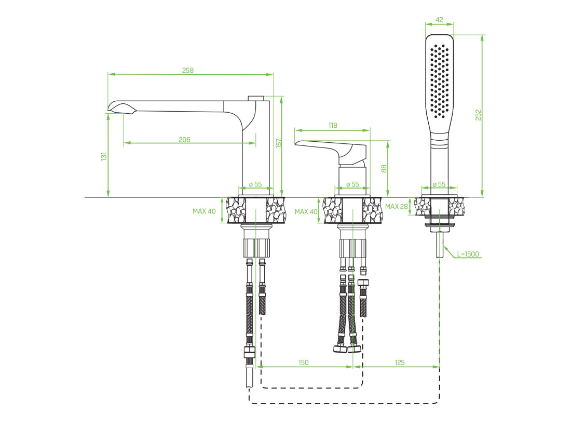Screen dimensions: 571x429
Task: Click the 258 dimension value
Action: click(x=188, y=70)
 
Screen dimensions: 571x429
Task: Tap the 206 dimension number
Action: click(x=185, y=140)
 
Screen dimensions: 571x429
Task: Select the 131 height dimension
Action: click(x=104, y=156)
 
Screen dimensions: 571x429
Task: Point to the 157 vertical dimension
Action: click(x=279, y=142)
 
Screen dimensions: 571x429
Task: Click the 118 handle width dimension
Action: click(x=333, y=125)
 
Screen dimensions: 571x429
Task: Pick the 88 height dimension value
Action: click(x=384, y=168)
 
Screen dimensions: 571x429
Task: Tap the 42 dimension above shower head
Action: click(x=440, y=20)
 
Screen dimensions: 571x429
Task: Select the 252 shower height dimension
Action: click(x=478, y=115)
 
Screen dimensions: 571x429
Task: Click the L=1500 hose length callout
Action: click(x=468, y=254)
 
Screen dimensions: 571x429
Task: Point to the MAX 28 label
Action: click(x=397, y=206)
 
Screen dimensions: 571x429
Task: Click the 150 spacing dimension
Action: click(x=303, y=363)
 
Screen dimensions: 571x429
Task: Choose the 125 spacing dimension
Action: click(x=400, y=363)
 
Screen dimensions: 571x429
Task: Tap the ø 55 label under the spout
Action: click(x=255, y=184)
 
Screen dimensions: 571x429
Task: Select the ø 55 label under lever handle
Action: click(x=352, y=184)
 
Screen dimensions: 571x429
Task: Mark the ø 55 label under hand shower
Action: click(x=439, y=184)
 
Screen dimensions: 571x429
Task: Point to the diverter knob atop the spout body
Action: click(x=256, y=98)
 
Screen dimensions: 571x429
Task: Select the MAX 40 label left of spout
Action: click(x=204, y=211)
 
